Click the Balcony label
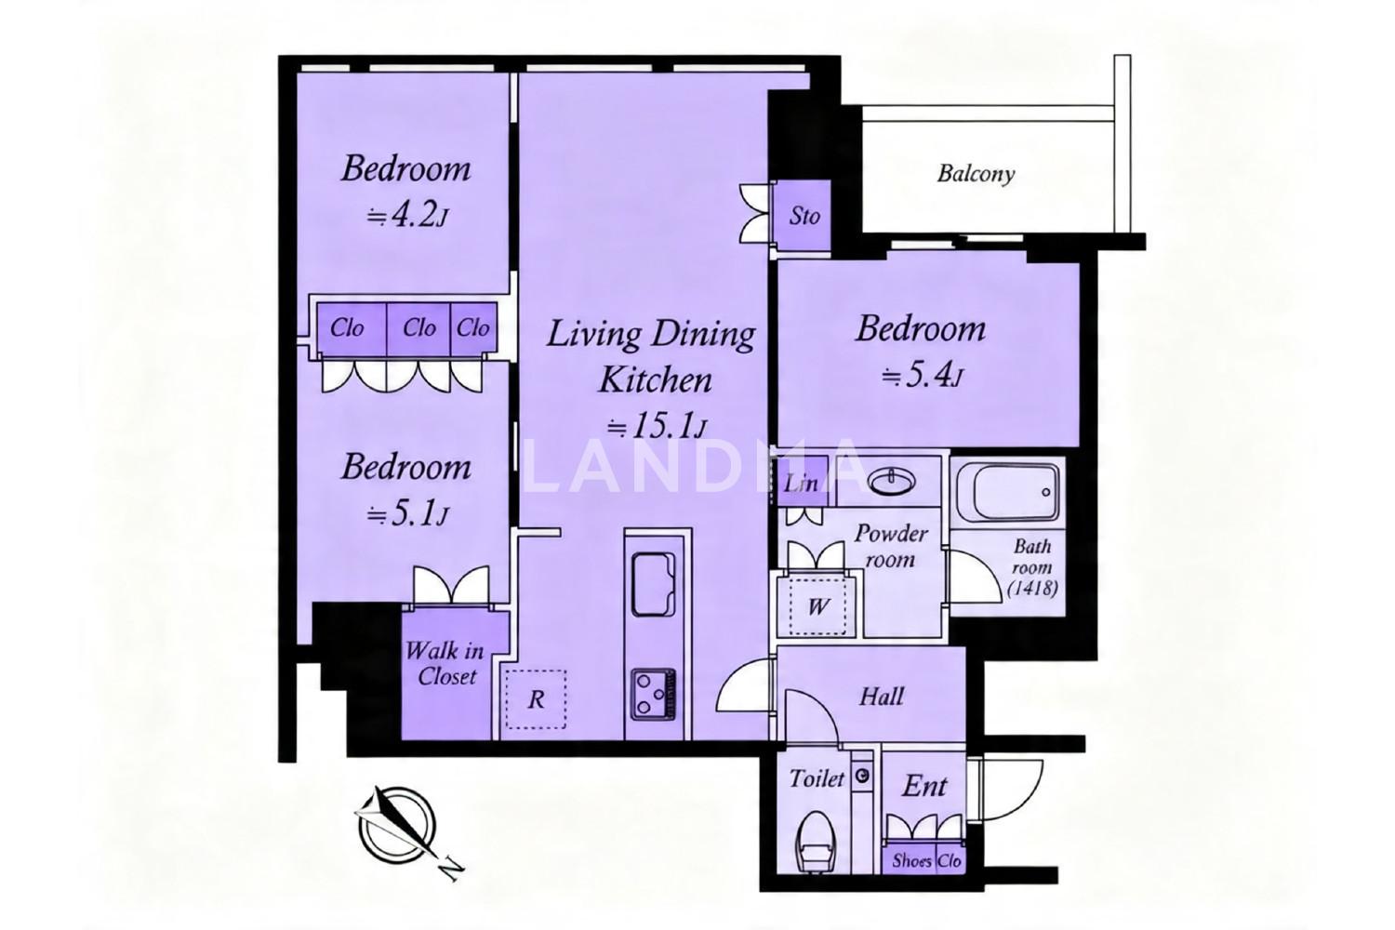pos(976,174)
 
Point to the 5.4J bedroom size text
pos(923,376)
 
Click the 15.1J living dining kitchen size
pos(657,426)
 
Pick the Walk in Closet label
pos(445,664)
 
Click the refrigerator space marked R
pos(536,699)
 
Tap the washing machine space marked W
pos(818,606)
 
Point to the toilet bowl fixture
pos(817,841)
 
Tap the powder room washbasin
pos(892,480)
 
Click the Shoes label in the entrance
pos(911,861)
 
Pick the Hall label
pos(881,697)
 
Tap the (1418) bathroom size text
pos(1032,589)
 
